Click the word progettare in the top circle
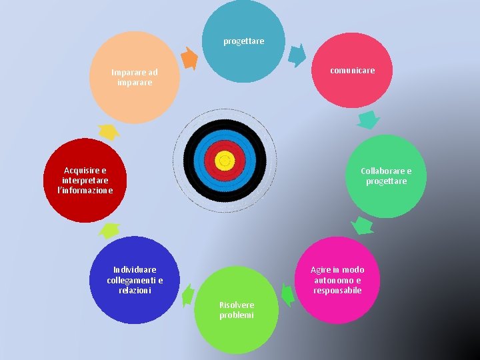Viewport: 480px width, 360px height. (x=243, y=41)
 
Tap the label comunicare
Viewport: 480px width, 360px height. (x=352, y=70)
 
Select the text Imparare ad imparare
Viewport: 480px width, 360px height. (x=135, y=77)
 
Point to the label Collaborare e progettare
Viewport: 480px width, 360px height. (x=386, y=176)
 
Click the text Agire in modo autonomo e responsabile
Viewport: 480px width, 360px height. (x=337, y=280)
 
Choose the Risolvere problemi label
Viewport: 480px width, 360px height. (x=237, y=310)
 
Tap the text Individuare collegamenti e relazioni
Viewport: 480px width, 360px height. (x=135, y=280)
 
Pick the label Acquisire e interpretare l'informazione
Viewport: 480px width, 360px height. (x=85, y=181)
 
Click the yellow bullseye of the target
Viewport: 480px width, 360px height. (x=225, y=159)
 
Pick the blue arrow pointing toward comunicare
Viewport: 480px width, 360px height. (x=298, y=55)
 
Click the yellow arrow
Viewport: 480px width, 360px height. (x=107, y=131)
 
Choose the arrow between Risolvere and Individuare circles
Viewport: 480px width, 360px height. (x=188, y=294)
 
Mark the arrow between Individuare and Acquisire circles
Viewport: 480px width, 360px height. (x=108, y=231)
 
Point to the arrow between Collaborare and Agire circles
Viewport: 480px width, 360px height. (x=362, y=225)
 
